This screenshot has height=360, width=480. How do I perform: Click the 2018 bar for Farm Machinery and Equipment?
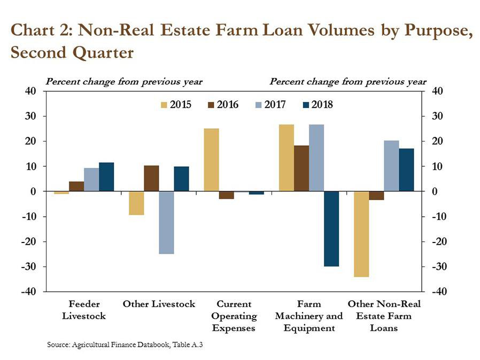[331, 229]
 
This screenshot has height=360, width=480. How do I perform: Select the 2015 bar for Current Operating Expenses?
[211, 160]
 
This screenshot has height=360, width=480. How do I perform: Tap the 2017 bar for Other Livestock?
[166, 222]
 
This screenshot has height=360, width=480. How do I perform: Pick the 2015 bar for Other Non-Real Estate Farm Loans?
[361, 234]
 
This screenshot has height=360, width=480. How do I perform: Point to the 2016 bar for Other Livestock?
[151, 178]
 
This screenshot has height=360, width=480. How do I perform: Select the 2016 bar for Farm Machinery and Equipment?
[301, 168]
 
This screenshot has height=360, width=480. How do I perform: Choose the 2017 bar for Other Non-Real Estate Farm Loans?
[391, 166]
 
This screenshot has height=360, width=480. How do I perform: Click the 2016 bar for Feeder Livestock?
[76, 186]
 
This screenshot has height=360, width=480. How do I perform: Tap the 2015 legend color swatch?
[164, 105]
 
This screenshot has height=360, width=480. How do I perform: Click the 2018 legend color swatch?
[305, 105]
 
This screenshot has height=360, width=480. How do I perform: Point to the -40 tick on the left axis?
[29, 292]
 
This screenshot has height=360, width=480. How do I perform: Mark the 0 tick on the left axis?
[33, 191]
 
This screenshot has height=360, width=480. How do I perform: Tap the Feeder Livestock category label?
[84, 310]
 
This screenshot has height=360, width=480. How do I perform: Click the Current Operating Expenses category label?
[234, 316]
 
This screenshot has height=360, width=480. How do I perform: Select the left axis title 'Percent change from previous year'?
[124, 82]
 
